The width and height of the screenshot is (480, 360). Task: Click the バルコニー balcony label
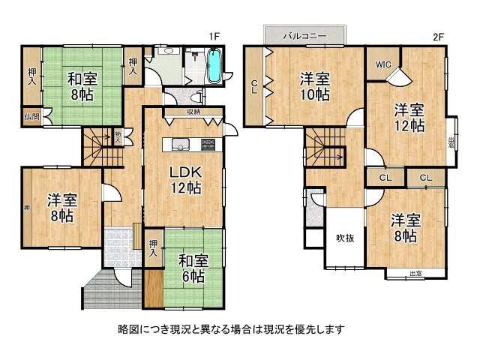pyautogui.click(x=304, y=34)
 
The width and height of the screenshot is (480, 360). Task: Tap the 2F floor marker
pyautogui.click(x=438, y=35)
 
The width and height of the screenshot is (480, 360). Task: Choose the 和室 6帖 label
pyautogui.click(x=193, y=268)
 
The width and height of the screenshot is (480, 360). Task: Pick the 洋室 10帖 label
pyautogui.click(x=315, y=85)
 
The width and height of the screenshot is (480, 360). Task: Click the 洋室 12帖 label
pyautogui.click(x=410, y=117)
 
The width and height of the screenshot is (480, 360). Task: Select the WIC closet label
pyautogui.click(x=382, y=64)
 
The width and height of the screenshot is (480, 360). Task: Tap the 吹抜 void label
pyautogui.click(x=344, y=238)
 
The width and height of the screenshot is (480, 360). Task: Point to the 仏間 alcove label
pyautogui.click(x=31, y=116)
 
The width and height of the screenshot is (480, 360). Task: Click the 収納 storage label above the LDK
pyautogui.click(x=193, y=113)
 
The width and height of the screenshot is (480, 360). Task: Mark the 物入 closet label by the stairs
pyautogui.click(x=118, y=135)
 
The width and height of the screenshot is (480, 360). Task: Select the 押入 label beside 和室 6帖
pyautogui.click(x=153, y=247)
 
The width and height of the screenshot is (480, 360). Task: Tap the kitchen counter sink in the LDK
pyautogui.click(x=181, y=145)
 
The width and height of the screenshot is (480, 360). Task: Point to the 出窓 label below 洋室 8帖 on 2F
pyautogui.click(x=415, y=274)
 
